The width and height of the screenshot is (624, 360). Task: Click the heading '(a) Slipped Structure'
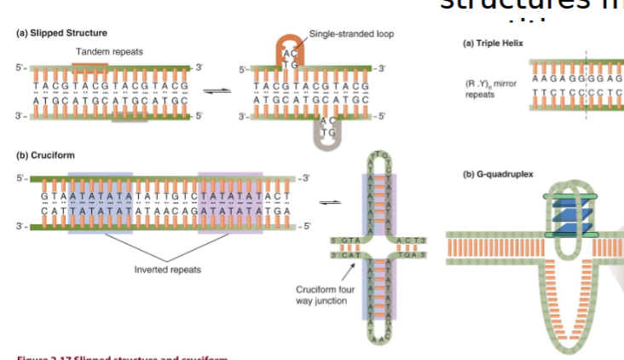[x=61, y=33]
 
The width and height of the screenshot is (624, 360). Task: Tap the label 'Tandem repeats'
[x=109, y=52]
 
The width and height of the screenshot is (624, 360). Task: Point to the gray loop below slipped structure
[x=327, y=136]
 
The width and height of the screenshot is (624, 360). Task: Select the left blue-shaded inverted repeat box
[x=100, y=202]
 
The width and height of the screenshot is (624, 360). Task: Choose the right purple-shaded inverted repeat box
[x=232, y=202]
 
